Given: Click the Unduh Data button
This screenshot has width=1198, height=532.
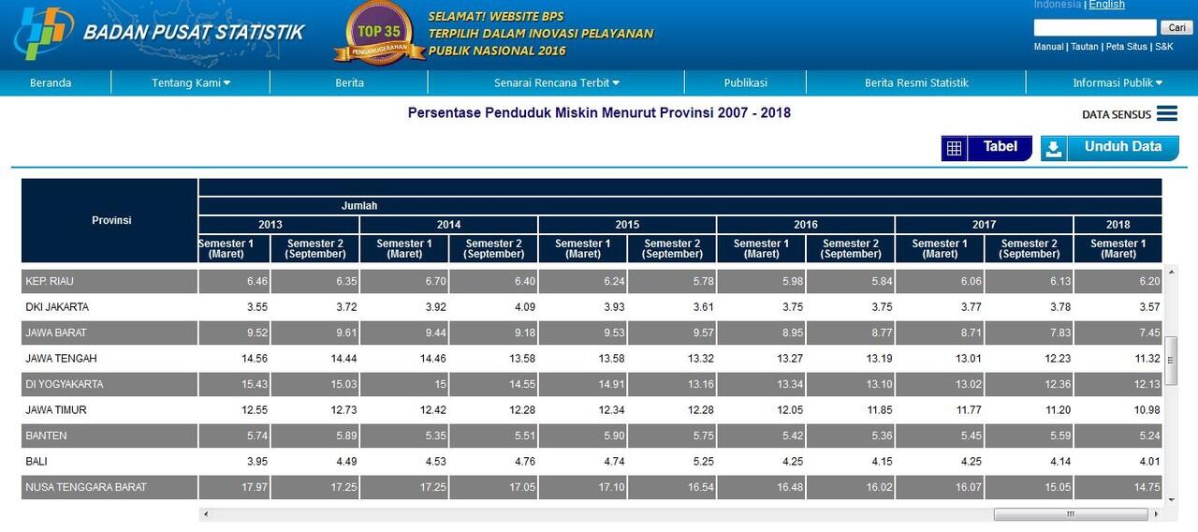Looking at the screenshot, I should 1110,148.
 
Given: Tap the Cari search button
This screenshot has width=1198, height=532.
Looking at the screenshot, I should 1176,27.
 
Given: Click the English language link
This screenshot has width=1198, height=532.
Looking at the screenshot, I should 1106,5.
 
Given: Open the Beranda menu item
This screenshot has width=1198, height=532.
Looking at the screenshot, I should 51,82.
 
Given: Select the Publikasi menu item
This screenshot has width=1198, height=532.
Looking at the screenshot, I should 745,82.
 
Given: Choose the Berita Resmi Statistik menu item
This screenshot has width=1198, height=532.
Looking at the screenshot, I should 916,82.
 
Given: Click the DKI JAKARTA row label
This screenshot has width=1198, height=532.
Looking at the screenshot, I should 57,307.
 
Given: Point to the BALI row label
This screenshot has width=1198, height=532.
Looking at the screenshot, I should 37,462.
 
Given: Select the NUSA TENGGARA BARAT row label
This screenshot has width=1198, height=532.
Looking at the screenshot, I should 86,487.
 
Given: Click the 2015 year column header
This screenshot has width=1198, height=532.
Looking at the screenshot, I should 627,225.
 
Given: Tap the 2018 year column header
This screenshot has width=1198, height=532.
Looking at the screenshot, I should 1118,225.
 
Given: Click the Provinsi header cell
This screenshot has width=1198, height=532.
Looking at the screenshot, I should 111,220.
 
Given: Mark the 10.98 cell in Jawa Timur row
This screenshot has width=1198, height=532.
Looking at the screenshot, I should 1147,410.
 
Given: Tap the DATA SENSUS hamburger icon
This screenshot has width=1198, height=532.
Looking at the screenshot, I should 1166,113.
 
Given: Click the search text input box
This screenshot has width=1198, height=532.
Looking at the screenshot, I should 1095,27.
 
